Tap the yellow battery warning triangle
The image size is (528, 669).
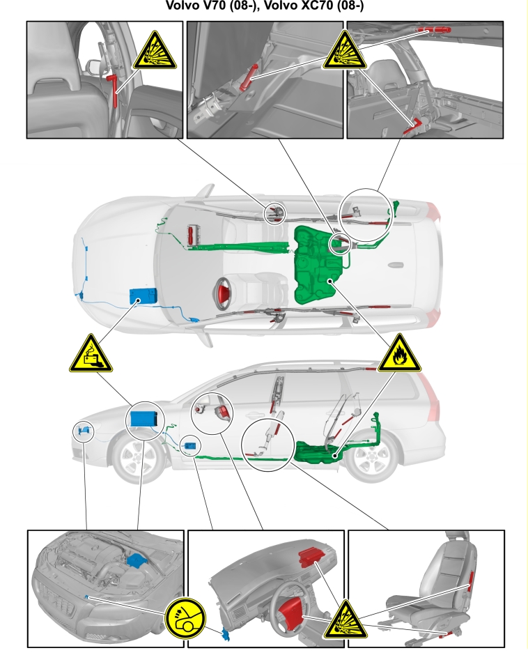point(91,354)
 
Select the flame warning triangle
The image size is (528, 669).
point(399,354)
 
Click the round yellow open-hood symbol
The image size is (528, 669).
point(185,618)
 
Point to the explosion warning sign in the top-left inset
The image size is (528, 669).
point(154,52)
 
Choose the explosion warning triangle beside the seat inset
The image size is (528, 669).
point(345,620)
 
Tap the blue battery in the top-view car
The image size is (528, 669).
point(143,295)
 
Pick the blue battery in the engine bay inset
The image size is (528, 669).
point(137,560)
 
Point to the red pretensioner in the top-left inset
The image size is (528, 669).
point(114,90)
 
